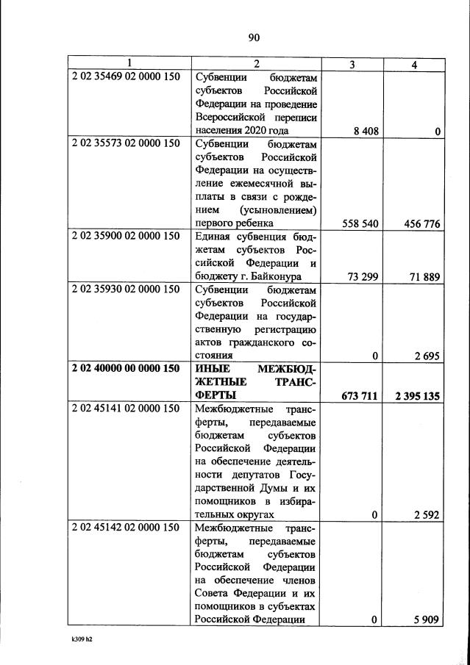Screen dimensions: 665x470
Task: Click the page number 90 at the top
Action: click(254, 38)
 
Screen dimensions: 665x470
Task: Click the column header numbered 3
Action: click(352, 65)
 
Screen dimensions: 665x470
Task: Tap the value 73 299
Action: click(361, 276)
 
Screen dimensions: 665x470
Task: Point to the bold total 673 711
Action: click(359, 396)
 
